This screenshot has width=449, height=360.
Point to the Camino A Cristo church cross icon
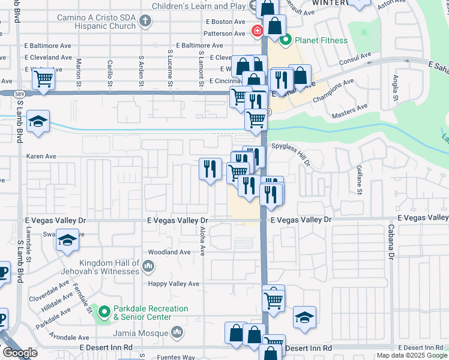(x=144, y=22)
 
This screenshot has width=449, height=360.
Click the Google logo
(x=19, y=353)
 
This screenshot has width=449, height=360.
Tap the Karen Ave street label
(x=41, y=156)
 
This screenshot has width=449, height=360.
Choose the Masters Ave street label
(x=349, y=108)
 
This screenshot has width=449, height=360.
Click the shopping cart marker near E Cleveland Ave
(x=44, y=78)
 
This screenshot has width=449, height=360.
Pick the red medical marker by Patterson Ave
(x=257, y=30)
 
